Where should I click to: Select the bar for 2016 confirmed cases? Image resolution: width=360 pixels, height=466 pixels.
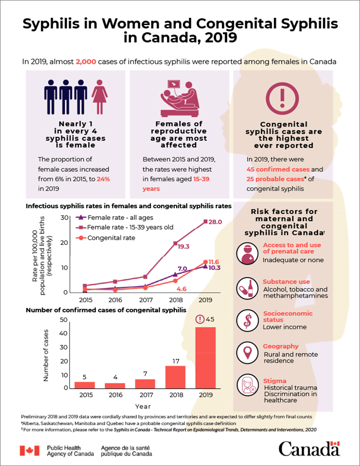point(115,385)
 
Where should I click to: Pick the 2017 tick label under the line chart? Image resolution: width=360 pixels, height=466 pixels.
point(145,300)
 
